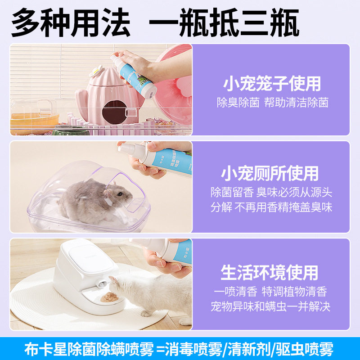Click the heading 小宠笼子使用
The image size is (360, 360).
(272, 84)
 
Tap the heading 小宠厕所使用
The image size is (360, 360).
(270, 173)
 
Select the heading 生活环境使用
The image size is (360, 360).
(270, 272)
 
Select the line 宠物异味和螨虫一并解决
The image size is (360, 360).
(270, 307)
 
